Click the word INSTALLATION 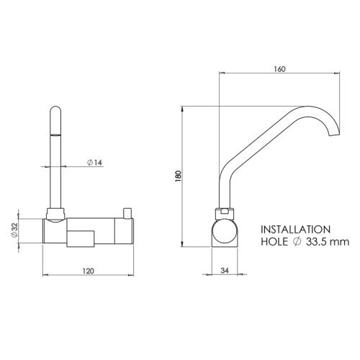[x=295, y=228]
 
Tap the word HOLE [x=275, y=243]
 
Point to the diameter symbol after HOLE [x=299, y=243]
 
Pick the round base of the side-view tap [x=225, y=234]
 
